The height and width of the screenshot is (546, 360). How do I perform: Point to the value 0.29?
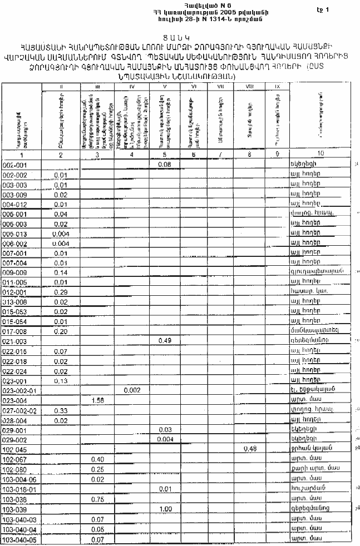click(61, 292)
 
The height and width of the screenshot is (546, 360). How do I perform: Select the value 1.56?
click(97, 400)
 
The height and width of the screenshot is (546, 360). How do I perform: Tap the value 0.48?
click(250, 449)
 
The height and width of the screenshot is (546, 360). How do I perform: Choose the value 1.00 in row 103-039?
click(164, 509)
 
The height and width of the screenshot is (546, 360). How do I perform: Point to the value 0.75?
click(97, 499)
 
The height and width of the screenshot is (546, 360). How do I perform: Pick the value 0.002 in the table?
click(131, 390)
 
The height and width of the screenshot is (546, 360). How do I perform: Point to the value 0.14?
click(61, 272)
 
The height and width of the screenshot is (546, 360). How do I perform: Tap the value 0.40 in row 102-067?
click(97, 459)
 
